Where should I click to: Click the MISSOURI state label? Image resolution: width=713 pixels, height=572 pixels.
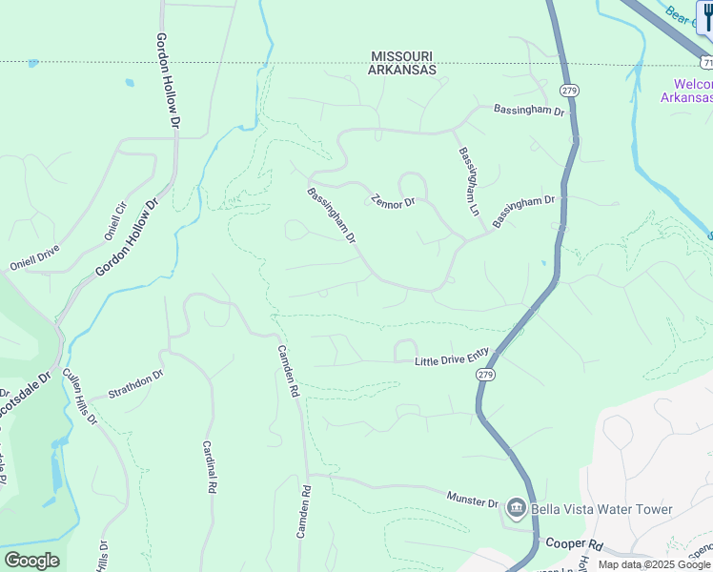pyautogui.click(x=403, y=56)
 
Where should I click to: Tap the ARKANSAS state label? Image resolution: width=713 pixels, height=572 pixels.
pyautogui.click(x=403, y=70)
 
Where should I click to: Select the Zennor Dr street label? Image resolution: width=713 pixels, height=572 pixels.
pyautogui.click(x=394, y=202)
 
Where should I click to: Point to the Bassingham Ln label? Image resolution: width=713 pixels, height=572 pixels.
pyautogui.click(x=468, y=180)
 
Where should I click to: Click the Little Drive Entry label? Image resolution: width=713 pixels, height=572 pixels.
pyautogui.click(x=452, y=357)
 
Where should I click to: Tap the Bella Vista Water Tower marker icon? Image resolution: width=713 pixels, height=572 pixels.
pyautogui.click(x=517, y=509)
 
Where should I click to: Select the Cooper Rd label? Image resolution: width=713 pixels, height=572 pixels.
pyautogui.click(x=575, y=544)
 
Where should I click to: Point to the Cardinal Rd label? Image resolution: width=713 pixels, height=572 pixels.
pyautogui.click(x=209, y=465)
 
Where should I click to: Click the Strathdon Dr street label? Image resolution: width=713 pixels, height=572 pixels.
pyautogui.click(x=136, y=383)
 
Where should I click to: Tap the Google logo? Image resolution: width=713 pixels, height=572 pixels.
pyautogui.click(x=31, y=561)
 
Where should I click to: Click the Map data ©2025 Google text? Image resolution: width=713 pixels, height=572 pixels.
pyautogui.click(x=654, y=564)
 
